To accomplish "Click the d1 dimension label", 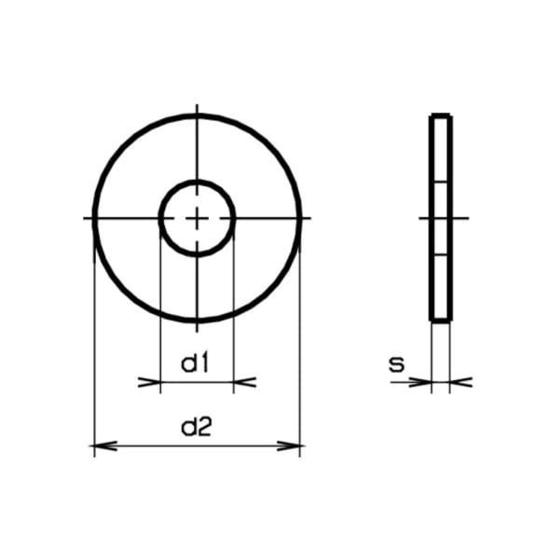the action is coord(195,364).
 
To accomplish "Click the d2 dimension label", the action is coord(197,428).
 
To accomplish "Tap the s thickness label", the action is coord(397,364).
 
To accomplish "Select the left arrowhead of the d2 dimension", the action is coord(105,445).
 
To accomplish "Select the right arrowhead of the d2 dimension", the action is coord(289,445).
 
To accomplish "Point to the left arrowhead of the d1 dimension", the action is coord(149,382).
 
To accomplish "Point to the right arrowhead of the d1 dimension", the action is coord(245,382).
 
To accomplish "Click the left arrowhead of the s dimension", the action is coord(420,382).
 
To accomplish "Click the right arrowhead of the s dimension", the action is coord(461,382).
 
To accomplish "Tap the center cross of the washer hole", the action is coord(197,218).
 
